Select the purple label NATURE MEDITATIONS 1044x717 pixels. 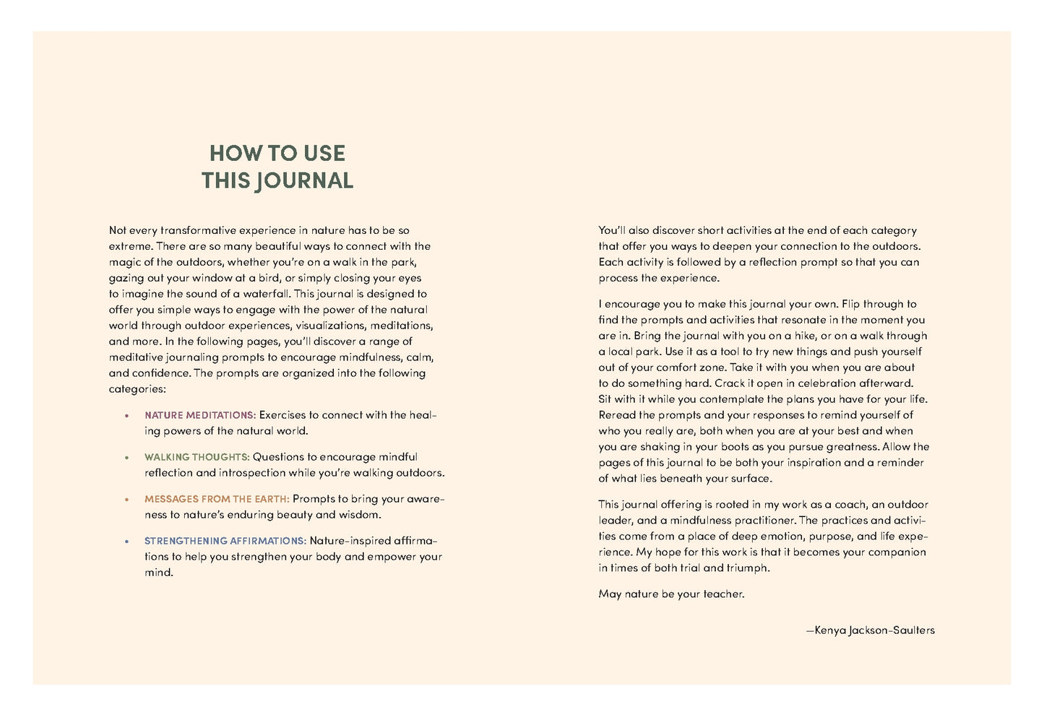tap(200, 415)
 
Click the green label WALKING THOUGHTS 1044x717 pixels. tap(197, 457)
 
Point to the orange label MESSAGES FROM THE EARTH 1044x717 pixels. tap(217, 499)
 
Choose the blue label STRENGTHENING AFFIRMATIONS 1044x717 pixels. tap(225, 541)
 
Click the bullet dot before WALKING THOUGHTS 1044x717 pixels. tap(126, 458)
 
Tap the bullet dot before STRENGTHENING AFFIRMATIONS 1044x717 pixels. tap(126, 542)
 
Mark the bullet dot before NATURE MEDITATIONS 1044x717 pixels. tap(126, 416)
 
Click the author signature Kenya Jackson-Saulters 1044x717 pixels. tap(871, 630)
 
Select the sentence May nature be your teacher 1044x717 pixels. tap(671, 594)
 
